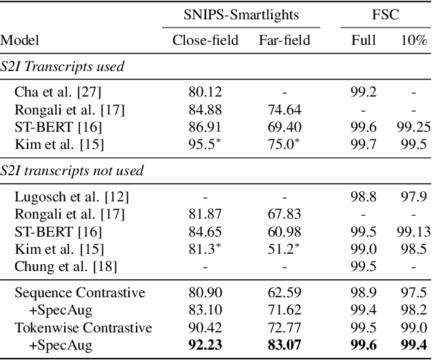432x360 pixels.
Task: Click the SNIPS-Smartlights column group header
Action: [241, 13]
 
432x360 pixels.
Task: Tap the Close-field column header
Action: [205, 41]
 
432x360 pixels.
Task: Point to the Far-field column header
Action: [284, 41]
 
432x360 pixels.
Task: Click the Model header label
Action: [20, 41]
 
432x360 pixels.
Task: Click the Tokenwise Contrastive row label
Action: [83, 326]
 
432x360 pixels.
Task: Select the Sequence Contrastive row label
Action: [80, 292]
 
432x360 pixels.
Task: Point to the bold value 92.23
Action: [205, 343]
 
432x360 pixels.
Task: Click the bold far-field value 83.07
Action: [284, 343]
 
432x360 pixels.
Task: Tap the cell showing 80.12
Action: [205, 92]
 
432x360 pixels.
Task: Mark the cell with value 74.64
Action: [284, 109]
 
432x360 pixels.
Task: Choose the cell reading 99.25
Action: [413, 126]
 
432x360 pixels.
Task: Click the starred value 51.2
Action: [284, 248]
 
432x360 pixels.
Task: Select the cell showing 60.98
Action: [284, 231]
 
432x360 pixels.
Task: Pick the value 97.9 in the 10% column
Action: [413, 197]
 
